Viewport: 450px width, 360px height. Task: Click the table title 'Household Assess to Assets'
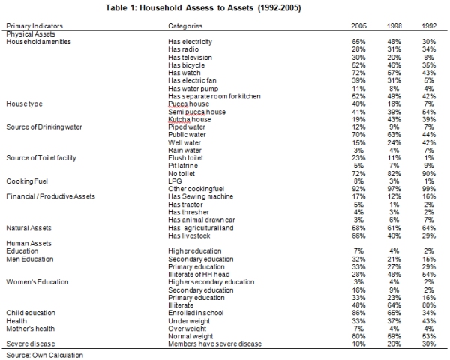(x=196, y=7)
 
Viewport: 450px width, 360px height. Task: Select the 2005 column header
(x=358, y=26)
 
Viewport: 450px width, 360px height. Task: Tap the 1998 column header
(x=394, y=26)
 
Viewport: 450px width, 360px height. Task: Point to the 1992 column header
(x=429, y=26)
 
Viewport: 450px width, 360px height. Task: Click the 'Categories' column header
(x=185, y=26)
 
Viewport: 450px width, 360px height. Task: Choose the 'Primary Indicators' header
(x=34, y=26)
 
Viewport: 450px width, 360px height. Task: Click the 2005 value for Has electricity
(x=358, y=42)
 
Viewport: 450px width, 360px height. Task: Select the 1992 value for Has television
(x=429, y=58)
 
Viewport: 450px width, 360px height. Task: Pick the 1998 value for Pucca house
(x=394, y=104)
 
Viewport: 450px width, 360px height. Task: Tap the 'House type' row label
(x=25, y=104)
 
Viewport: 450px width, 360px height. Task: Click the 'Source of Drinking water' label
(x=44, y=127)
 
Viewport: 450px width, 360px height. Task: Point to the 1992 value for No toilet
(x=429, y=174)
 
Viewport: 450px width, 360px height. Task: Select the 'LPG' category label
(x=175, y=181)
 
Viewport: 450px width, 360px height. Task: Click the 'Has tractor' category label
(x=185, y=205)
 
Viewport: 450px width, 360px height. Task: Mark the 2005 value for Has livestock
(x=358, y=235)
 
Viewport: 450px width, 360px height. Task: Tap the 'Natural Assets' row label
(x=28, y=228)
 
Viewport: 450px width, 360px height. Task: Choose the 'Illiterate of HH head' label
(x=199, y=274)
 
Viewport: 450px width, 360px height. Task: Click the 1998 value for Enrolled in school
(x=394, y=313)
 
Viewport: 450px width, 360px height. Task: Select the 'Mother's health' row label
(x=31, y=328)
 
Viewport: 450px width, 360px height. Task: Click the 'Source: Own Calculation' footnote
(x=44, y=355)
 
